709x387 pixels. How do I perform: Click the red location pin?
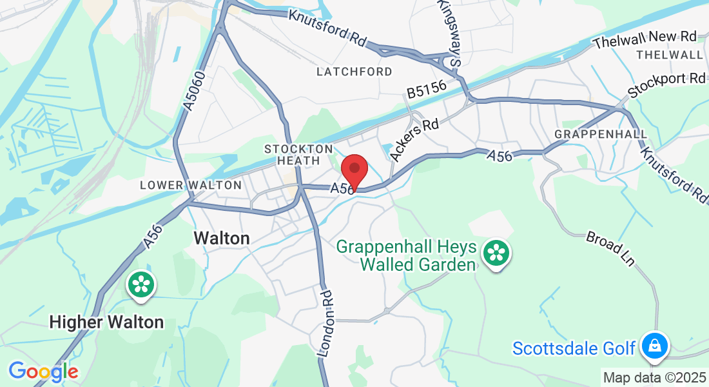(x=354, y=169)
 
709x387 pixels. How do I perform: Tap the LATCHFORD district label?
(x=354, y=72)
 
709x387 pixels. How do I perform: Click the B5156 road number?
(x=427, y=90)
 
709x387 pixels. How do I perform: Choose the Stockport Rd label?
(x=667, y=86)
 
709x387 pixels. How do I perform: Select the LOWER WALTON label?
(x=191, y=185)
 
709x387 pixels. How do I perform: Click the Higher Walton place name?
(x=106, y=322)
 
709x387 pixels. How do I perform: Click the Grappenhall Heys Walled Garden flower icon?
(x=496, y=252)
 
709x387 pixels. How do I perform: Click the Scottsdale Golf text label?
(x=574, y=348)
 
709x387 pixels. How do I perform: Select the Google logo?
(x=43, y=372)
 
